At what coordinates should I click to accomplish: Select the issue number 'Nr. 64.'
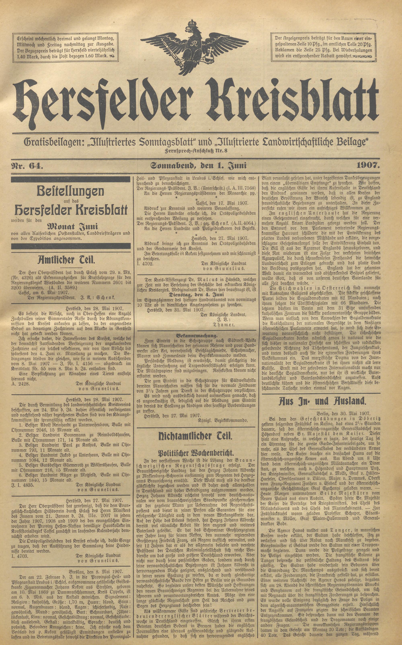pyautogui.click(x=26, y=166)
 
